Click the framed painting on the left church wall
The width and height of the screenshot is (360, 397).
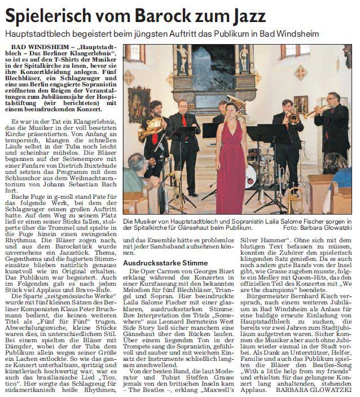pyautogui.click(x=138, y=102)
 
